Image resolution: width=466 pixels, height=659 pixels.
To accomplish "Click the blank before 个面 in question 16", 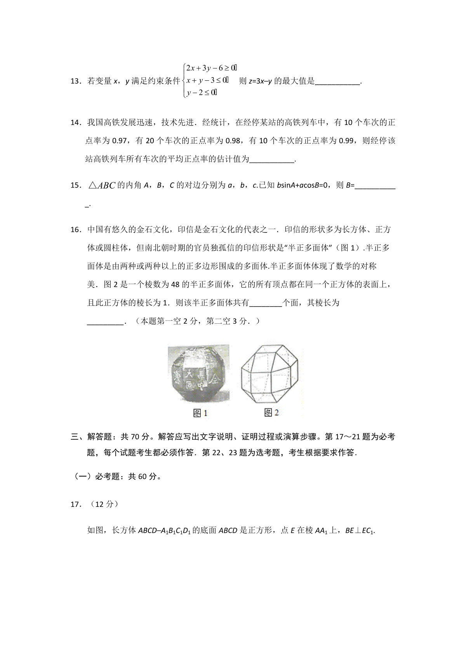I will point(266,303).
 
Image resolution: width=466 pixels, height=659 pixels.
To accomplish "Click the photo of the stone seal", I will point(198,373).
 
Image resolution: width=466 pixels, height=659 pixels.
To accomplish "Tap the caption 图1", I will point(200,413).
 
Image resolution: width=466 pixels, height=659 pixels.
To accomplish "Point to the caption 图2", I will point(271,413).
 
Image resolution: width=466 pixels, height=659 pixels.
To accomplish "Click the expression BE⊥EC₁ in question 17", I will point(361,531).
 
